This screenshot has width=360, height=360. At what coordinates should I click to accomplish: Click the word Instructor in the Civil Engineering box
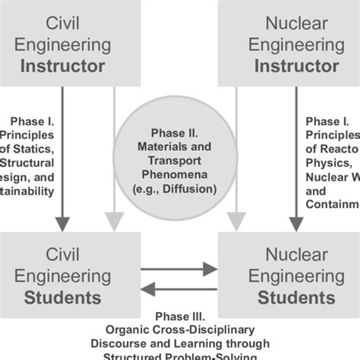pyautogui.click(x=73, y=66)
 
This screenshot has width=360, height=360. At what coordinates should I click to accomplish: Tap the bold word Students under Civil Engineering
pyautogui.click(x=73, y=296)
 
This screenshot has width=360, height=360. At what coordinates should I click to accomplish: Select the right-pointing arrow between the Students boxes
pyautogui.click(x=179, y=268)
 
